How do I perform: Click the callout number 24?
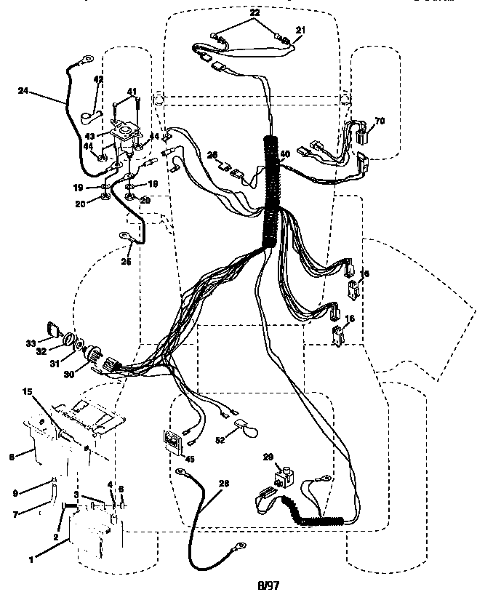(x=24, y=92)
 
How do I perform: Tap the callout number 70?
(x=379, y=120)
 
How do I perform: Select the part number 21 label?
(x=300, y=29)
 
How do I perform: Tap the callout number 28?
(x=223, y=484)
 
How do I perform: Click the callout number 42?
(x=99, y=79)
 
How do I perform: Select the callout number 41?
(x=132, y=91)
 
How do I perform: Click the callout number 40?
(x=284, y=154)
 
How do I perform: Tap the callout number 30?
(x=69, y=375)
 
